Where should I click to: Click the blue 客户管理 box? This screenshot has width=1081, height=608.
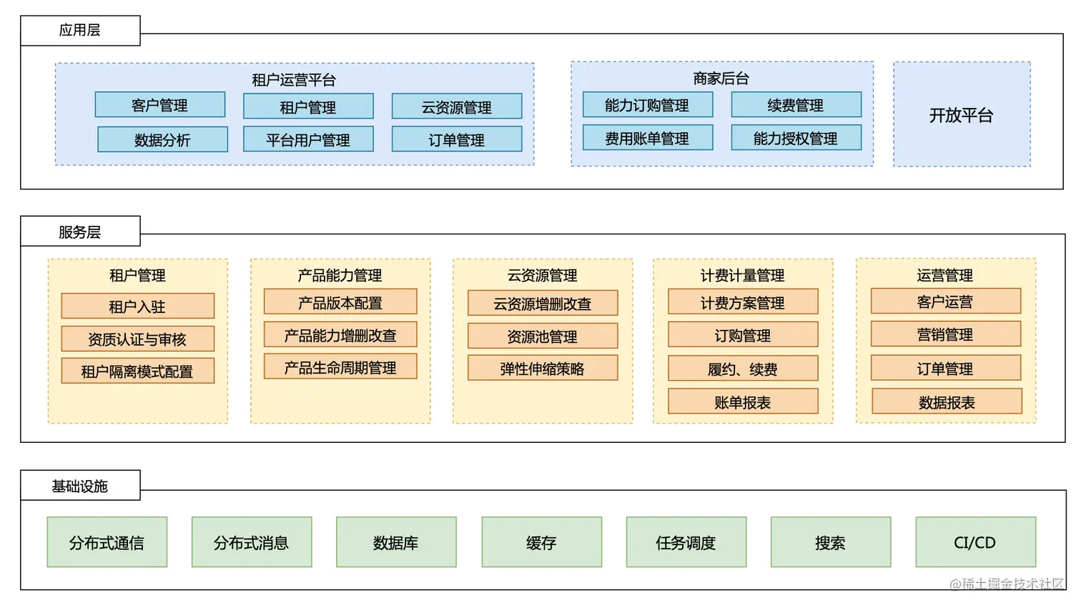point(159,105)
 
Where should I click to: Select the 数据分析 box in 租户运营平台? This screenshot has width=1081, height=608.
point(162,139)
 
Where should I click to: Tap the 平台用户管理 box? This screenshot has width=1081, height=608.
point(308,139)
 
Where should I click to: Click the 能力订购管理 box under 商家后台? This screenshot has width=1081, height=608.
point(647,105)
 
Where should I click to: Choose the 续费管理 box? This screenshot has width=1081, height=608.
point(796,105)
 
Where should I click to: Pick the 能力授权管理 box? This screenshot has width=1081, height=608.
point(796,138)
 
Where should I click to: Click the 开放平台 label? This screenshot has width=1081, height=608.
point(961,115)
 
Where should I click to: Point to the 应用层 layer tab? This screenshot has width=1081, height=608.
point(80,31)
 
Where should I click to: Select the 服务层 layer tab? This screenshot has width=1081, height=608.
point(80,231)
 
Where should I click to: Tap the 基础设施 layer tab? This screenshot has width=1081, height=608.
point(80,486)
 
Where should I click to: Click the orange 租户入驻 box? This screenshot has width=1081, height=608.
point(137,306)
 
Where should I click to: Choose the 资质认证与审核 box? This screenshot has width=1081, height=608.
point(137,339)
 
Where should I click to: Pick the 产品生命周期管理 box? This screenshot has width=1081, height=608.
point(340,367)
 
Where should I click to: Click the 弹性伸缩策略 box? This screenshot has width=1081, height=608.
point(542,368)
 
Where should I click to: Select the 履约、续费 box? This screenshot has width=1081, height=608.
point(743,369)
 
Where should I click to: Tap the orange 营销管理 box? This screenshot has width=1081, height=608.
point(945,334)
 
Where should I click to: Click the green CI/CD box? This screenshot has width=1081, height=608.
point(975,542)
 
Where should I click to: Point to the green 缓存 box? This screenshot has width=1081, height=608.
point(541,542)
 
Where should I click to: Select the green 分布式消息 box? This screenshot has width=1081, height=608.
point(252,542)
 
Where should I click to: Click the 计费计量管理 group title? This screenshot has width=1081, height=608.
point(743,275)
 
